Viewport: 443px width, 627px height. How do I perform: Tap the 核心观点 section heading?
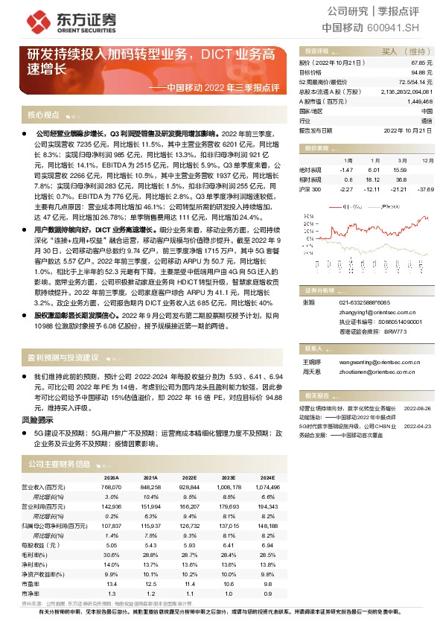(43, 115)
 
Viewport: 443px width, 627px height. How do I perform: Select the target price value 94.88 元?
(421, 73)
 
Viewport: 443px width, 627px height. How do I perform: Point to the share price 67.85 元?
(421, 63)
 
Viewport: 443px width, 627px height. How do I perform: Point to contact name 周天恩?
(310, 370)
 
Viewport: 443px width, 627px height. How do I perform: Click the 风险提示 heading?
(45, 421)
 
